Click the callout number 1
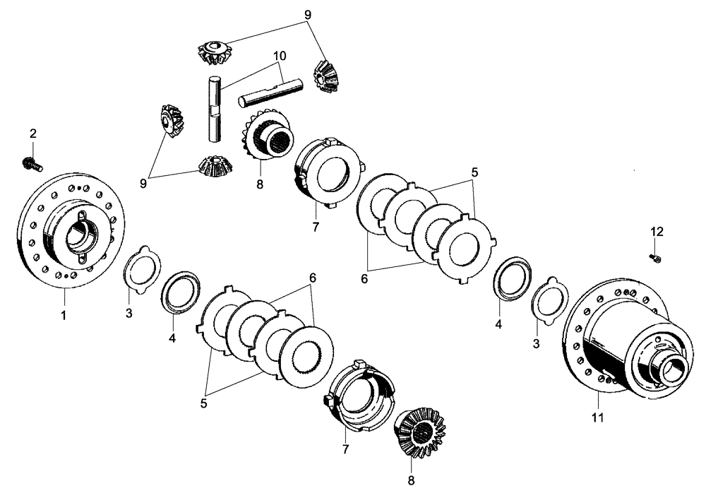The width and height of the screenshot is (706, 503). coord(63,316)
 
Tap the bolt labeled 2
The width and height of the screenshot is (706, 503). coord(32,164)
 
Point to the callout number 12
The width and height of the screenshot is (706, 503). coord(657,231)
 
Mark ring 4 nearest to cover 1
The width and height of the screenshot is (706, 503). coord(181,290)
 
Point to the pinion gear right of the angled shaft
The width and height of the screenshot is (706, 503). coord(325,75)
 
